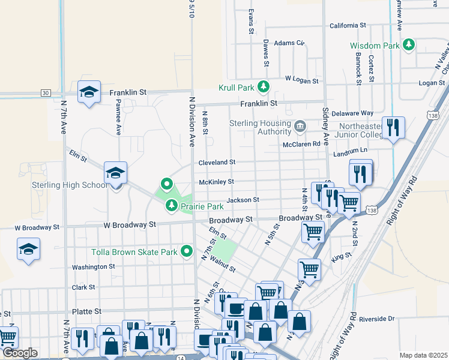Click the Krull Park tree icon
point(263,88)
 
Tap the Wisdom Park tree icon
point(409,45)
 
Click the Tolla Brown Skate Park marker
point(187,252)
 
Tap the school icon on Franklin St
point(89,92)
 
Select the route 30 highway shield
point(45,93)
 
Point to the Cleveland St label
point(217,162)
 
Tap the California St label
point(348,26)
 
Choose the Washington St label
point(93,267)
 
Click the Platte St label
point(86,312)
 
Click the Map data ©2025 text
point(423,355)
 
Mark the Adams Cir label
point(289,43)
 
